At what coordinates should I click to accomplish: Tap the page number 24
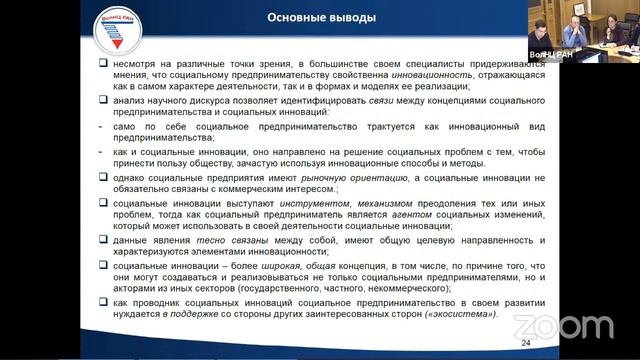[526, 345]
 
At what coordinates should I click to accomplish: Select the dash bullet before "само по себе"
[104, 128]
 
